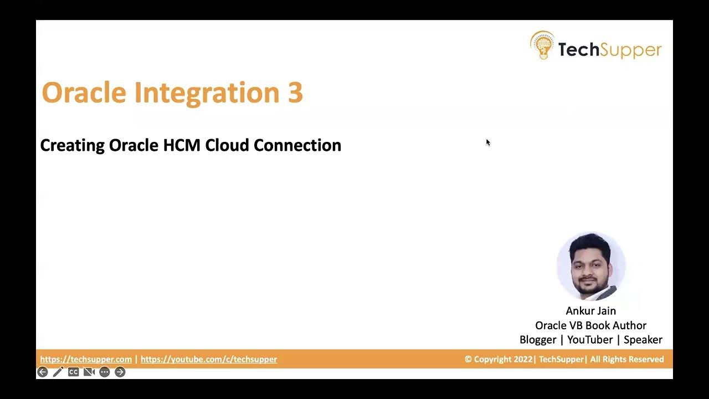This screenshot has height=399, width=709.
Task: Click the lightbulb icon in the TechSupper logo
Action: coord(542,45)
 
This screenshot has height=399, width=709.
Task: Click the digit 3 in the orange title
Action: coord(295,93)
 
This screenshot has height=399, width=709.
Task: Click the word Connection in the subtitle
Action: coord(297,145)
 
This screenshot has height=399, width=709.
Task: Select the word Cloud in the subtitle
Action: coord(227,145)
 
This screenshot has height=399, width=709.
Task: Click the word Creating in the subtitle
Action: coord(72,145)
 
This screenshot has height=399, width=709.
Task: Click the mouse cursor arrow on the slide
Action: coord(488,142)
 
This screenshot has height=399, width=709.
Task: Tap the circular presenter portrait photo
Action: coord(591,267)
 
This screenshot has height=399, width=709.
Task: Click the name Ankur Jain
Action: coord(590,311)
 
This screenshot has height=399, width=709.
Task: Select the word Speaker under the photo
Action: coord(643,340)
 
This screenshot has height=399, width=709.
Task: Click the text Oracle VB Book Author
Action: coord(590,325)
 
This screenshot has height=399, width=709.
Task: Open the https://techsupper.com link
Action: coord(86,359)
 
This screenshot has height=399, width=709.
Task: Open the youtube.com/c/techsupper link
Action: coord(209,359)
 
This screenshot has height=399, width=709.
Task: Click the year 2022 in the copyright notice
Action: coord(522,359)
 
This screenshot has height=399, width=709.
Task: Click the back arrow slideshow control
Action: coord(43,372)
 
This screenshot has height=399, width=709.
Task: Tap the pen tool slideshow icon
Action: coord(58,372)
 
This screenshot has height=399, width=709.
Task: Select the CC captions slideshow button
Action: coord(73,372)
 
